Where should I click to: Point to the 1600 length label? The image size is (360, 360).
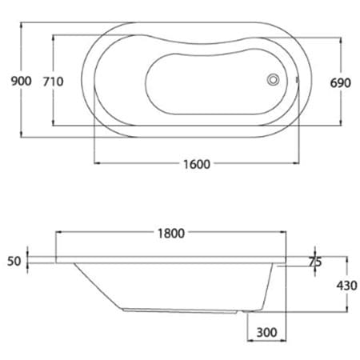point(195,164)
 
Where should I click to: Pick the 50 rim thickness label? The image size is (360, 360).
point(13,260)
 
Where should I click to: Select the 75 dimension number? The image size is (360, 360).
point(314,261)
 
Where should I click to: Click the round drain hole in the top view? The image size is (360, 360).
point(274,80)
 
